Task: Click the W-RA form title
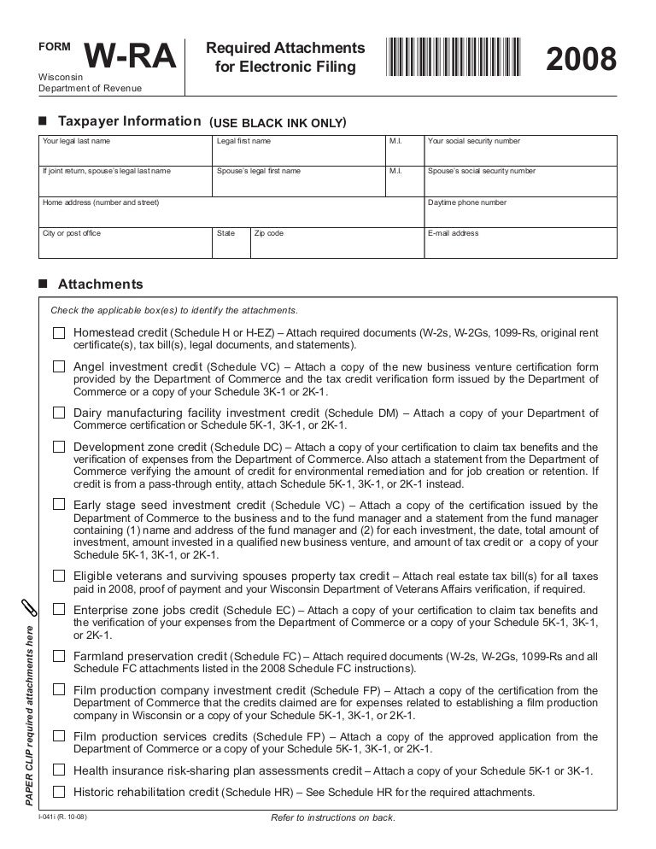pyautogui.click(x=132, y=59)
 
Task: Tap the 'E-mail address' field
pyautogui.click(x=520, y=243)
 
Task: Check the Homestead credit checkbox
pyautogui.click(x=59, y=332)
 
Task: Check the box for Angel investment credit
pyautogui.click(x=59, y=366)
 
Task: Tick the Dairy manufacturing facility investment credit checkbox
pyautogui.click(x=59, y=413)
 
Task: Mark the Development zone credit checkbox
pyautogui.click(x=59, y=447)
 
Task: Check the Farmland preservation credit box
pyautogui.click(x=59, y=656)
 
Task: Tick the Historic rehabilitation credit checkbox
pyautogui.click(x=59, y=792)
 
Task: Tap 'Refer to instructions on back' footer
pyautogui.click(x=332, y=818)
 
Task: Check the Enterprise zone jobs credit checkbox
pyautogui.click(x=59, y=610)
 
